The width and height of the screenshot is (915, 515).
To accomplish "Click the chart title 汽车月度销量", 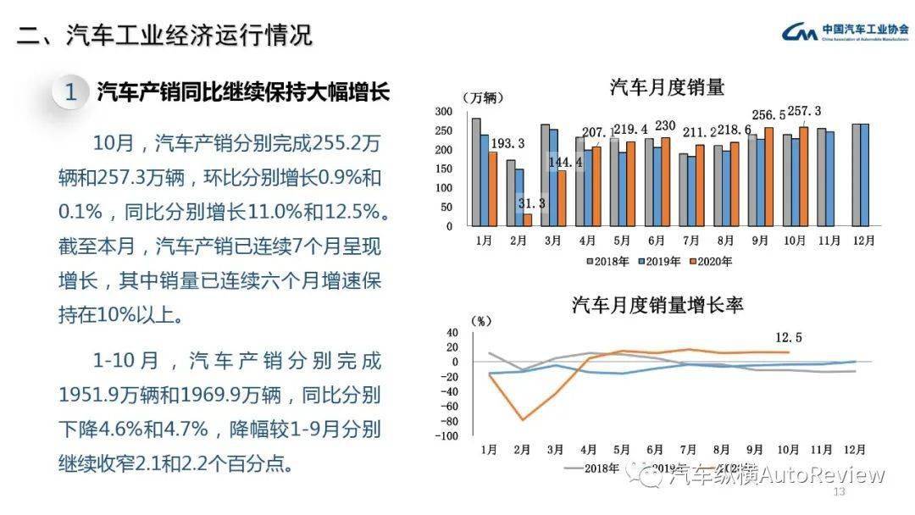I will (667, 86).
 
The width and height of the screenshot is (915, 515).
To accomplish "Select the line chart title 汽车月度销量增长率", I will (657, 304).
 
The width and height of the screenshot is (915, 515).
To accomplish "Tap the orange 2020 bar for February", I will (527, 220).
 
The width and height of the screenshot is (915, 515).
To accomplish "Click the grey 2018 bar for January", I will (476, 173).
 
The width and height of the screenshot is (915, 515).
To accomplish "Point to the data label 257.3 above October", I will (804, 111).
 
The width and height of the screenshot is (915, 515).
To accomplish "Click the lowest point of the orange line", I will (523, 420).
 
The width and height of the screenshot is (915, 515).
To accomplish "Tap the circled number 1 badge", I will (70, 92).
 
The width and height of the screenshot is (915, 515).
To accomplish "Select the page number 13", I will (840, 492).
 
